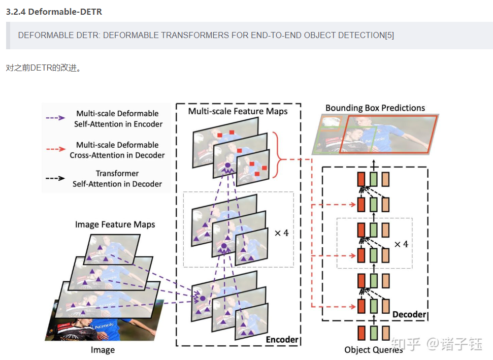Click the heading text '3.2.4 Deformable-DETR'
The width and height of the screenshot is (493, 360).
pos(54,12)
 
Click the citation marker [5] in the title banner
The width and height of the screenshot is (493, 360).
pos(389,35)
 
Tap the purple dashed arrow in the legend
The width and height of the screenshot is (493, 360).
pos(55,118)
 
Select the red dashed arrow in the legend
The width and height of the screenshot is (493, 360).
pos(56,149)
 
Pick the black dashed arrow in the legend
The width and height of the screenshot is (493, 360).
pos(55,178)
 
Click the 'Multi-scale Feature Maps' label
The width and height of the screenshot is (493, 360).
pos(238,111)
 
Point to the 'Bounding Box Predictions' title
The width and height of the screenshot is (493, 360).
pos(375,108)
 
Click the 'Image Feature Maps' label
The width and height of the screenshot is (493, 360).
pos(115,224)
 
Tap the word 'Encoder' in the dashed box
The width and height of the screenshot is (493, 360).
pos(282,340)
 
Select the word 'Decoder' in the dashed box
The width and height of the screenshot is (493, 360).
pos(409,314)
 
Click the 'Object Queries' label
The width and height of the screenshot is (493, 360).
pos(374,350)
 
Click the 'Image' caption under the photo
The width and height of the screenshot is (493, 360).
pos(103,350)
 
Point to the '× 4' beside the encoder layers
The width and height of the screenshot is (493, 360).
pos(281,233)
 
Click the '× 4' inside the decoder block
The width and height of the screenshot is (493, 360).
pos(401,244)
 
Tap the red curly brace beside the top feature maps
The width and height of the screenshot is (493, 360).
pos(277,155)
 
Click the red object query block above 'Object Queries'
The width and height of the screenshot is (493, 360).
pos(361,333)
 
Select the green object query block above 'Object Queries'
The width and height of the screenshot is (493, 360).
pos(374,333)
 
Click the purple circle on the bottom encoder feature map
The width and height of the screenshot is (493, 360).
pos(203,299)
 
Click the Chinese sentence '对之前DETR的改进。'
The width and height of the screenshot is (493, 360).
pos(43,68)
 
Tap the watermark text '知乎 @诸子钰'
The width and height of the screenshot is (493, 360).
pos(437,344)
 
